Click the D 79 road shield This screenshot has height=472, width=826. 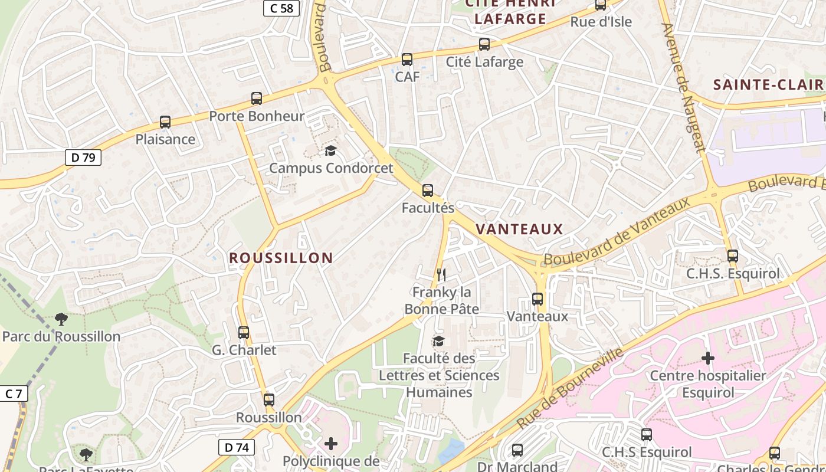pyautogui.click(x=83, y=158)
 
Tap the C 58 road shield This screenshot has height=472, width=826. pyautogui.click(x=281, y=8)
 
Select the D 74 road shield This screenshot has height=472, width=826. pyautogui.click(x=237, y=447)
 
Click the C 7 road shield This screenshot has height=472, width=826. pyautogui.click(x=13, y=394)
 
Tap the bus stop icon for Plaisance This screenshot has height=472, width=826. pyautogui.click(x=165, y=122)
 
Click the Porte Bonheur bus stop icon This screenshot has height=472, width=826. pyautogui.click(x=256, y=99)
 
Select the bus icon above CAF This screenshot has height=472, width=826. pyautogui.click(x=407, y=60)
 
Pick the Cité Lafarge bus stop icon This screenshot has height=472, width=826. pyautogui.click(x=484, y=44)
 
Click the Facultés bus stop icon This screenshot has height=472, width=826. pyautogui.click(x=428, y=191)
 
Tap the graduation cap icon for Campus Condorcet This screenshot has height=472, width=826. pyautogui.click(x=330, y=151)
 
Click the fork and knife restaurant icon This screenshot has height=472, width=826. pyautogui.click(x=441, y=274)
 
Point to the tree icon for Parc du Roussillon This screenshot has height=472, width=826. pyautogui.click(x=61, y=319)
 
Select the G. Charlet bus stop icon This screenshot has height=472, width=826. pyautogui.click(x=244, y=333)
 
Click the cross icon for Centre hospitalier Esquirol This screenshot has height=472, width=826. pyautogui.click(x=708, y=358)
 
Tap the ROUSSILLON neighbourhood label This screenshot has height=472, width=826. pyautogui.click(x=281, y=258)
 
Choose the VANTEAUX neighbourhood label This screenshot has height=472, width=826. pyautogui.click(x=519, y=230)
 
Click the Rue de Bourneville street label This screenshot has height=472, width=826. pyautogui.click(x=570, y=389)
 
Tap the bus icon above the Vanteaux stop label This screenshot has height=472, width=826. pyautogui.click(x=537, y=299)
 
